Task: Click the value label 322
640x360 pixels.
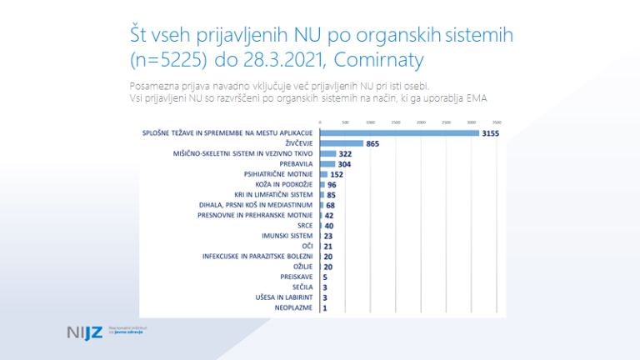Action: pyautogui.click(x=346, y=154)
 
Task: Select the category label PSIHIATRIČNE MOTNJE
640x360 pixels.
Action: pyautogui.click(x=278, y=174)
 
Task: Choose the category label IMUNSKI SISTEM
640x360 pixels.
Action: pyautogui.click(x=288, y=236)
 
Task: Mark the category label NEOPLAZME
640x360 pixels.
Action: pyautogui.click(x=294, y=307)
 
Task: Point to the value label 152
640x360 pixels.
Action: pyautogui.click(x=337, y=174)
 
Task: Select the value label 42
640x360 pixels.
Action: pyautogui.click(x=329, y=215)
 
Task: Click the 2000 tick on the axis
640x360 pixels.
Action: pyautogui.click(x=421, y=122)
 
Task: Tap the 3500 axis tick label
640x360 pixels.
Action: pyautogui.click(x=497, y=122)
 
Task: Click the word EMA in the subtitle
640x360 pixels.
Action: pyautogui.click(x=476, y=98)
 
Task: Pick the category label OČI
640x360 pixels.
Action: pyautogui.click(x=305, y=246)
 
